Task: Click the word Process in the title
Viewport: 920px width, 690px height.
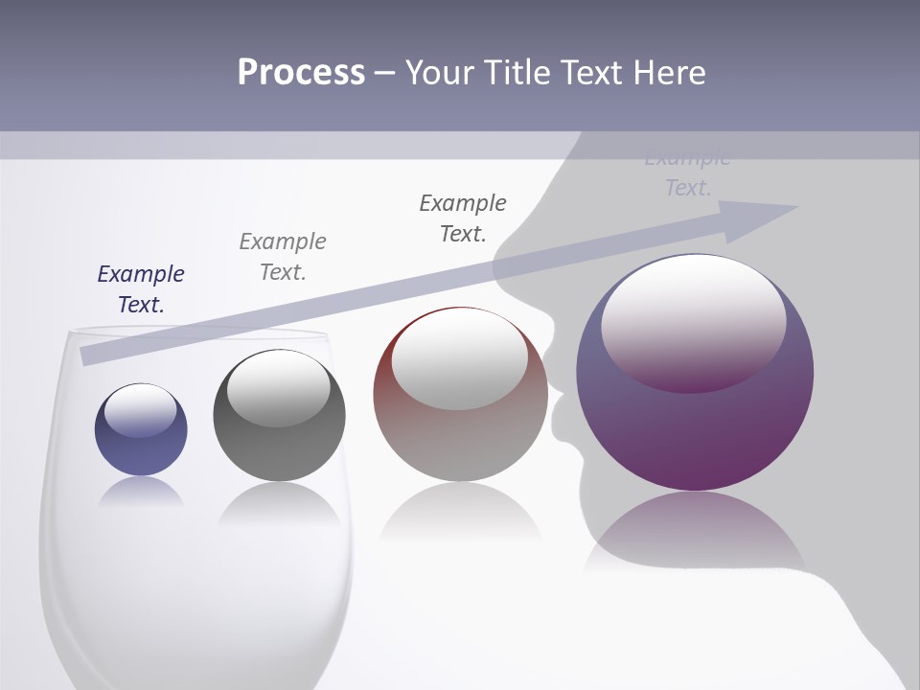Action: [301, 73]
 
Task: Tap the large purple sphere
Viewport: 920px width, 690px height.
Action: [695, 422]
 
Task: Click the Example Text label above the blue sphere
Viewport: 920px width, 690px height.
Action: [141, 288]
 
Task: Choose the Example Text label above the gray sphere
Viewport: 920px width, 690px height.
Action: [283, 256]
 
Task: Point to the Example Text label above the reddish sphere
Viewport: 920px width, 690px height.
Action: [463, 218]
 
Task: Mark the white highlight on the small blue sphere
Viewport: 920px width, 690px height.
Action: [140, 410]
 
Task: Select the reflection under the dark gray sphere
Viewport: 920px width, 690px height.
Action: [279, 503]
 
